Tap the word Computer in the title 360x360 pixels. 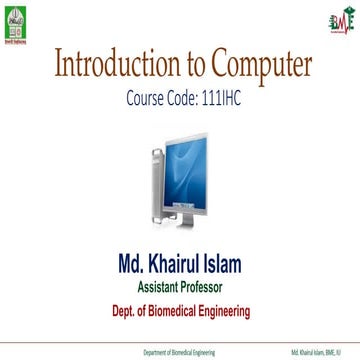point(256,66)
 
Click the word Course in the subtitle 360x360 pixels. point(148,100)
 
